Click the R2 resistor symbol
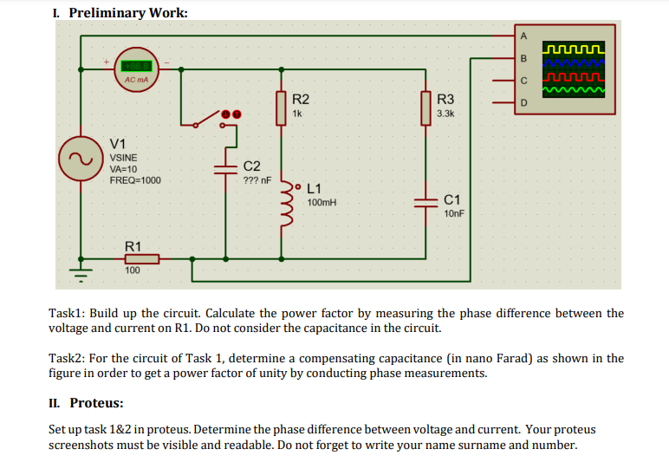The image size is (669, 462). coord(281,108)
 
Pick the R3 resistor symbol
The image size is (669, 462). coord(426,108)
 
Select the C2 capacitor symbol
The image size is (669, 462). coord(226,167)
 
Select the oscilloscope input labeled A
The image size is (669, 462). coord(523,36)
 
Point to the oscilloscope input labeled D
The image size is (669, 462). coord(523,103)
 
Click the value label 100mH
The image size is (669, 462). coord(322,202)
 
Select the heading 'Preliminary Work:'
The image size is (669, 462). coord(127,12)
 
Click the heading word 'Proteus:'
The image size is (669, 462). coord(96,403)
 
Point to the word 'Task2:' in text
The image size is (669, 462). coord(68,358)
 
